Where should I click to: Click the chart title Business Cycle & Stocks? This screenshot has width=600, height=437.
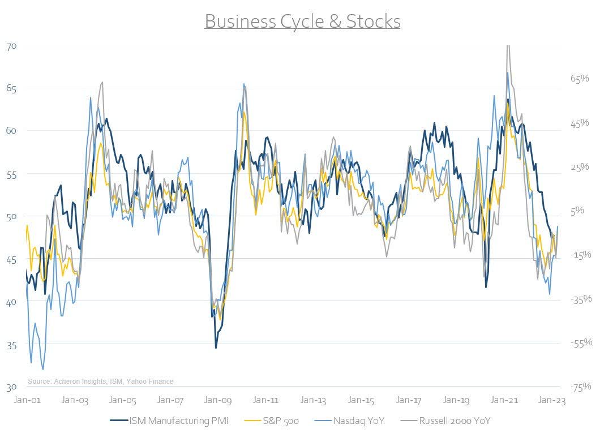point(302,22)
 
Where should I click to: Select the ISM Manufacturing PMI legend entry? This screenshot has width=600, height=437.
point(172,421)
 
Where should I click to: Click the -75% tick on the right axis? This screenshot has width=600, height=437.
point(580,387)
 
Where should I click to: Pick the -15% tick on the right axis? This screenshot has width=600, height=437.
point(580,255)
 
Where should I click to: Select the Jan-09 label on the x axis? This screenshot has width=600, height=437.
point(218,400)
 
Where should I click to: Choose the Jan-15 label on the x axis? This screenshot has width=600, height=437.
point(361,400)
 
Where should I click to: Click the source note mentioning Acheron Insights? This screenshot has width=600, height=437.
point(100,382)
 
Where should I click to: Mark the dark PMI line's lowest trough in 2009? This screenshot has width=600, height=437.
point(216,348)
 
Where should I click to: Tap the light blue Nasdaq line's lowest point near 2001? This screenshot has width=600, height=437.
point(43,370)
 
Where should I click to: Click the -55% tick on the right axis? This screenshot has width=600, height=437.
point(580,342)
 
